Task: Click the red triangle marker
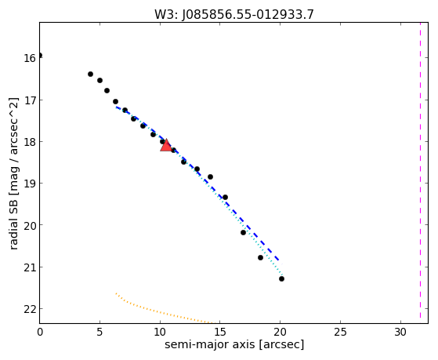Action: pos(166,145)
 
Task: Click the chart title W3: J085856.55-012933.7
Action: pos(234,14)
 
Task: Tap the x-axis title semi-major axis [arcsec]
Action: pos(234,344)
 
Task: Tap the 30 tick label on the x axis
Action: pos(400,332)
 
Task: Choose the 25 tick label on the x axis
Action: pos(340,332)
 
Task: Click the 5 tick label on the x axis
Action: pos(100,332)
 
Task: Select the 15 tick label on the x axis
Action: pos(220,332)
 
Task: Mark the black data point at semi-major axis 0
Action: pos(40,55)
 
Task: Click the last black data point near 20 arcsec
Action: pos(281,278)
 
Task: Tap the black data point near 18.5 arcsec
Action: pos(260,257)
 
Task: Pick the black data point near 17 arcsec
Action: pos(243,232)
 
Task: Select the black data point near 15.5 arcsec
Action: pos(225,197)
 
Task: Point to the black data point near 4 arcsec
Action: pos(90,75)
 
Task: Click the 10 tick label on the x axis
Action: pos(160,332)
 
